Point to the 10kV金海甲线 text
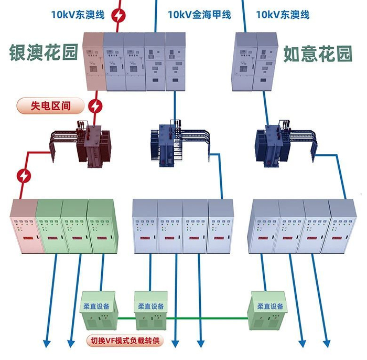(199, 15)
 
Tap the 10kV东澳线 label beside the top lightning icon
(78, 15)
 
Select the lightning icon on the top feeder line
(120, 15)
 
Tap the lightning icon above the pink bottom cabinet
(24, 175)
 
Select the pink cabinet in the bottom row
(24, 227)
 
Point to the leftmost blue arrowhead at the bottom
(47, 344)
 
